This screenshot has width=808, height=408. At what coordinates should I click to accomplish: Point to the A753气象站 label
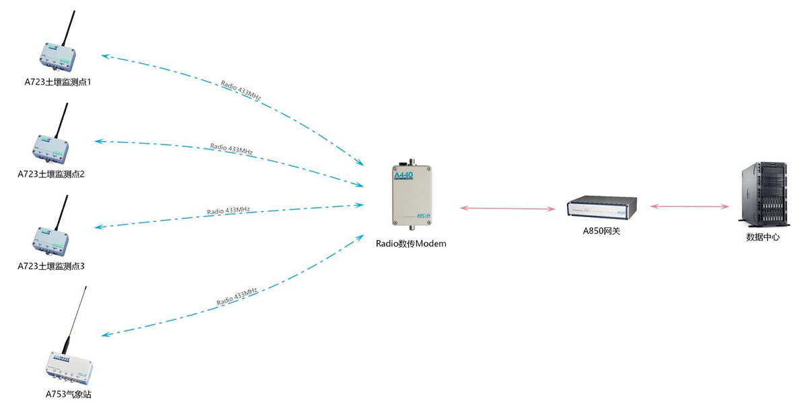[x=68, y=395]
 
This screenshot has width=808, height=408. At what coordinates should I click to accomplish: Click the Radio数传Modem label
[x=411, y=243]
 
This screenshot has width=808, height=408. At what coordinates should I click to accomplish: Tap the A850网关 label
[x=601, y=231]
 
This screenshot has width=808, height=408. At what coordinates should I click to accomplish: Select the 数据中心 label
[x=763, y=237]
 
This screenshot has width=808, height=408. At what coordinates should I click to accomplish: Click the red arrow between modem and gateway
[x=506, y=208]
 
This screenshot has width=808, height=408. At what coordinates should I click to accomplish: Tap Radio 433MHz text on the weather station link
[x=237, y=297]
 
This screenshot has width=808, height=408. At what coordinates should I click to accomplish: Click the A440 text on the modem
[x=403, y=176]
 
